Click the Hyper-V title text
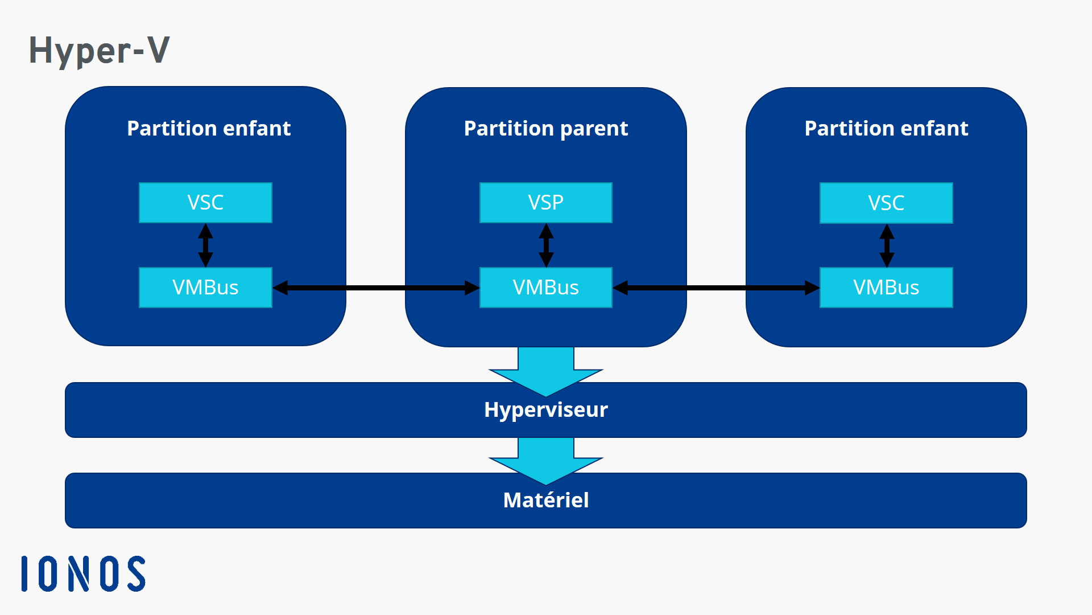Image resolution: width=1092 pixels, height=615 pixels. click(x=99, y=50)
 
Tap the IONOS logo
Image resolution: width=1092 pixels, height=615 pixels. click(x=83, y=573)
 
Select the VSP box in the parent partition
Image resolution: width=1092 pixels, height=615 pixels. click(x=545, y=203)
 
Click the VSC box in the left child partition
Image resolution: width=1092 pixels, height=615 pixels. click(x=205, y=203)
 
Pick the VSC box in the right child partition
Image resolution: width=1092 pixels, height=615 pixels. click(x=886, y=203)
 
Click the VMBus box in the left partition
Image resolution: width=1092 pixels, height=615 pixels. click(x=205, y=288)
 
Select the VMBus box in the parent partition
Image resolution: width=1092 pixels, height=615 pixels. click(x=545, y=288)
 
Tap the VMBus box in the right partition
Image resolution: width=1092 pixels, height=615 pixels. click(x=886, y=288)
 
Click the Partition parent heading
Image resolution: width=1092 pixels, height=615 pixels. click(x=545, y=129)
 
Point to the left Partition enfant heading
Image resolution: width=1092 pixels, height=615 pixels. click(x=209, y=129)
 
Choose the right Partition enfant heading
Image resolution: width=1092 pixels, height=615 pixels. click(x=886, y=129)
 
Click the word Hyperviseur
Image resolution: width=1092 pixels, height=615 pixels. click(x=545, y=410)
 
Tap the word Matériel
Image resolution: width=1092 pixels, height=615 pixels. click(x=545, y=500)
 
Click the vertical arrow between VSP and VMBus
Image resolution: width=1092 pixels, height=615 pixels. click(x=546, y=245)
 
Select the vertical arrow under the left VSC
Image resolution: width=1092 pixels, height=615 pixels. click(x=205, y=245)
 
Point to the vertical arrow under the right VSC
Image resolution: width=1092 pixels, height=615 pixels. click(x=887, y=245)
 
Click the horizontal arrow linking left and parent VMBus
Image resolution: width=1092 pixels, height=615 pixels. click(x=375, y=288)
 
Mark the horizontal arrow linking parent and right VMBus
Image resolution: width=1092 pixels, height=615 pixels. click(x=716, y=288)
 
